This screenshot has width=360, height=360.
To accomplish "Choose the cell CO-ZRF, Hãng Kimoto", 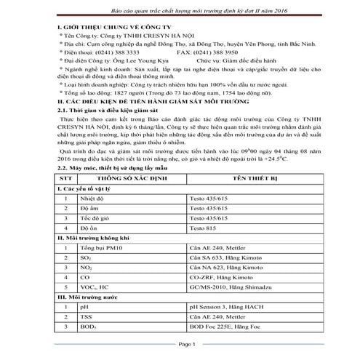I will point(219,287).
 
